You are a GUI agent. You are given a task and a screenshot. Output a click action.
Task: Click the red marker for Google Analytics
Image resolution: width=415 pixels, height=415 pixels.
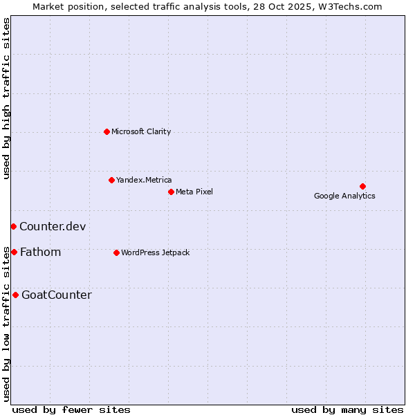(362, 186)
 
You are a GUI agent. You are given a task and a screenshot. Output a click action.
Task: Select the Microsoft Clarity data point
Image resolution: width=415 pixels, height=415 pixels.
(107, 131)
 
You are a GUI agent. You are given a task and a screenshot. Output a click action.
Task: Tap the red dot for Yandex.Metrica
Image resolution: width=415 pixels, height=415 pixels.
(111, 180)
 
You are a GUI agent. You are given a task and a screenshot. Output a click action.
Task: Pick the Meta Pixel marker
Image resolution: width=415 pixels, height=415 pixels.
(171, 192)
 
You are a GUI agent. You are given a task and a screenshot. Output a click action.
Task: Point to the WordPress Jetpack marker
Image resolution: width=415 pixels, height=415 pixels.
(116, 252)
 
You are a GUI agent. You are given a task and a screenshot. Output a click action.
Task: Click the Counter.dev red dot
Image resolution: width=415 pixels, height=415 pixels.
(13, 226)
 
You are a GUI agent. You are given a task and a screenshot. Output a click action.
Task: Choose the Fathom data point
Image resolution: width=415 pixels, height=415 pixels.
(14, 252)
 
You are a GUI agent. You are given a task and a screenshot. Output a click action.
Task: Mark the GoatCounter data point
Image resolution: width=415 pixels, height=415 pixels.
(15, 295)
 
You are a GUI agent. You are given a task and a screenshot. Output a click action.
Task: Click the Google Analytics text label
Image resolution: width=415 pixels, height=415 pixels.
(344, 196)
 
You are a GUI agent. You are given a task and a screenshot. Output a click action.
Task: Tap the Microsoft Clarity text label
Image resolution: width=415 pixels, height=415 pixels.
(141, 131)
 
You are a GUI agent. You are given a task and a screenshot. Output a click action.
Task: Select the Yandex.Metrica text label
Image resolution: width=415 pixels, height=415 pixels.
(144, 180)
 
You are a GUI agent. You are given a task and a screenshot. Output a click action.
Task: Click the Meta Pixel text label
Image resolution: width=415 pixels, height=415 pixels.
(194, 192)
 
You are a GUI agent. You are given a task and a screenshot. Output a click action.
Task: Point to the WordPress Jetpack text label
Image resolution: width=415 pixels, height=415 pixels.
(155, 252)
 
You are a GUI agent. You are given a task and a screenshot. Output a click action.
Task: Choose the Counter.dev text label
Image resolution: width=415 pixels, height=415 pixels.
(53, 226)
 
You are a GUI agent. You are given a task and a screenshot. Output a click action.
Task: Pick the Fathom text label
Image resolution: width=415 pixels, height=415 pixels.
(41, 252)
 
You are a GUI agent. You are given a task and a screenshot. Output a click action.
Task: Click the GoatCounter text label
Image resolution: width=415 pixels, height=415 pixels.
(57, 295)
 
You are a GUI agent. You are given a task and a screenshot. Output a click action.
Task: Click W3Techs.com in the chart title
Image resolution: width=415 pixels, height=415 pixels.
(353, 6)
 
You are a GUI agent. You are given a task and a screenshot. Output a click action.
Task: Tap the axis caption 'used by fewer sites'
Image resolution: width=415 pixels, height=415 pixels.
(71, 409)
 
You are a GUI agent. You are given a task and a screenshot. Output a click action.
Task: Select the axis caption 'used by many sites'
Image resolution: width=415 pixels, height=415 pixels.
(347, 409)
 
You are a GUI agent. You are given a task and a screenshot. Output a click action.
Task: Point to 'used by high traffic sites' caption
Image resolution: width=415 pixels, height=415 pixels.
(6, 99)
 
